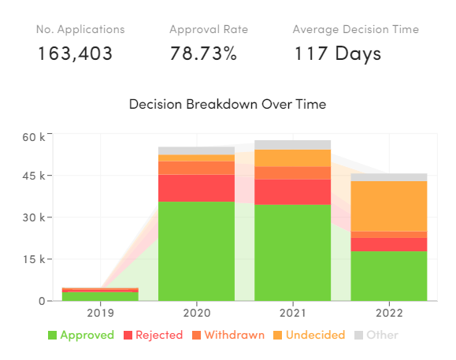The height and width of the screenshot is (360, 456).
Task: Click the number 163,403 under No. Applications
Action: click(75, 54)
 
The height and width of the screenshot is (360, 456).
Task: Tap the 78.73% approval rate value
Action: click(204, 54)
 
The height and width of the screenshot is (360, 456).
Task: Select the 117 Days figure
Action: click(338, 54)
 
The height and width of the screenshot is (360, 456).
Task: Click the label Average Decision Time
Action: click(355, 30)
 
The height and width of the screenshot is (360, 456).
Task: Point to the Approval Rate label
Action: click(209, 30)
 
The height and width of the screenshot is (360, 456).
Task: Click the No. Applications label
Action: click(80, 30)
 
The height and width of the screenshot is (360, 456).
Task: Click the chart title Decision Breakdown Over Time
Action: click(228, 104)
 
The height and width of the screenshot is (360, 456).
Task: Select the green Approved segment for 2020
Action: click(196, 251)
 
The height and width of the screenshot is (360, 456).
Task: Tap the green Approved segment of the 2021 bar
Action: click(292, 252)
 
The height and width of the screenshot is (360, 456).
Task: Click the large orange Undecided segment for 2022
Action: click(388, 206)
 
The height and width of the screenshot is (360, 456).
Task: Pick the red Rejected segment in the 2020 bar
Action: click(196, 187)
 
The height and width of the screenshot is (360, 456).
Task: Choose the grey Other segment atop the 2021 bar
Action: click(292, 145)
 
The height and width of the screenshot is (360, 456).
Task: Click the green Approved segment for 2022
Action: click(388, 276)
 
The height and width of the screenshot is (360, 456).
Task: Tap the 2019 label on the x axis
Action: click(100, 312)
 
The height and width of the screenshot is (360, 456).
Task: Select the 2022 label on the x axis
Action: click(388, 312)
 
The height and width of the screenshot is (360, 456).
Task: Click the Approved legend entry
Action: click(81, 335)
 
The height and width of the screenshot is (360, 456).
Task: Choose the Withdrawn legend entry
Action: click(228, 335)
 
